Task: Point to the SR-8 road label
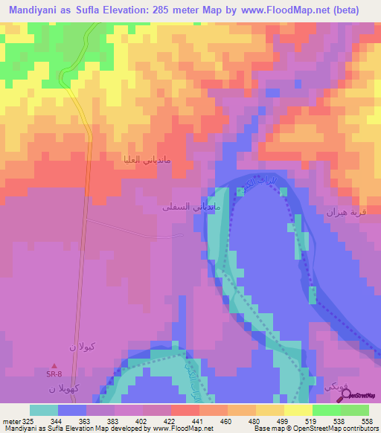click(x=54, y=373)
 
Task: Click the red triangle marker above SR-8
click(x=54, y=365)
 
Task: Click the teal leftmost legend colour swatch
click(x=44, y=411)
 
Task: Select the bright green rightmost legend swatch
click(x=354, y=411)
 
